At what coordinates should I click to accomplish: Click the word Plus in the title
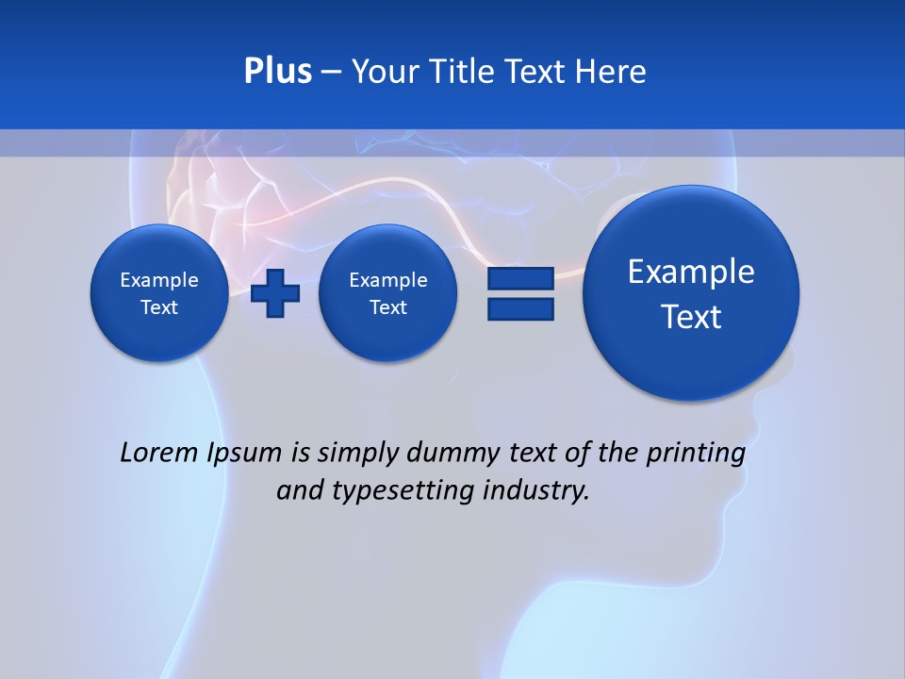(277, 72)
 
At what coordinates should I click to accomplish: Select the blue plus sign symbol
(275, 293)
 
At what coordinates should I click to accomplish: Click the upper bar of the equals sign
(520, 278)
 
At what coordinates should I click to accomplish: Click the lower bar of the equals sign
(520, 309)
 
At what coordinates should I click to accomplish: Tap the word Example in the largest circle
(691, 272)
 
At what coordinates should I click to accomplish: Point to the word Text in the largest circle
(691, 317)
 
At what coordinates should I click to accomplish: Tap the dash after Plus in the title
(331, 73)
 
